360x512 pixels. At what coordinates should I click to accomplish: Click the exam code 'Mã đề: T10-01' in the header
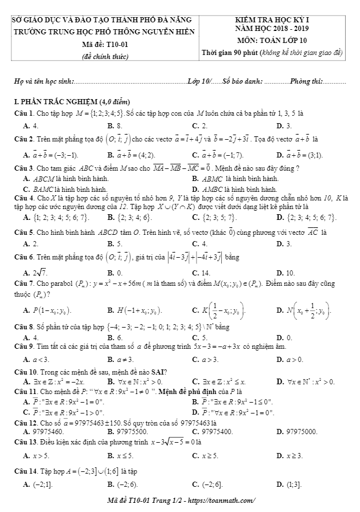(x=104, y=44)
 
